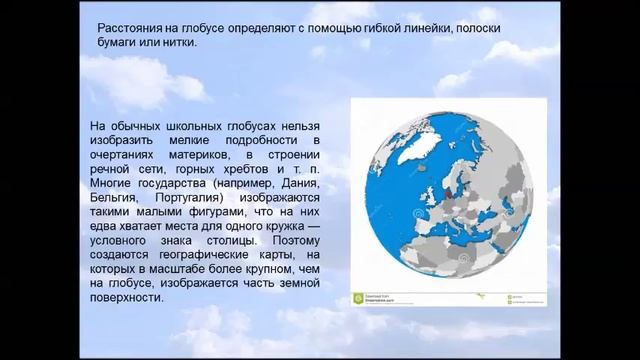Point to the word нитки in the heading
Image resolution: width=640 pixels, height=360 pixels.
[179, 46]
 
